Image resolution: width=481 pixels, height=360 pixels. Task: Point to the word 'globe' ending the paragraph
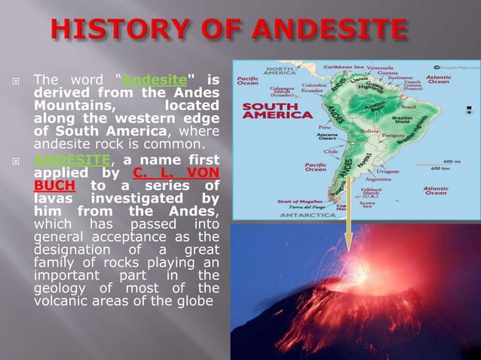click(195, 302)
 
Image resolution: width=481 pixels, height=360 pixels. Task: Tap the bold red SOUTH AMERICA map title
click(277, 111)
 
